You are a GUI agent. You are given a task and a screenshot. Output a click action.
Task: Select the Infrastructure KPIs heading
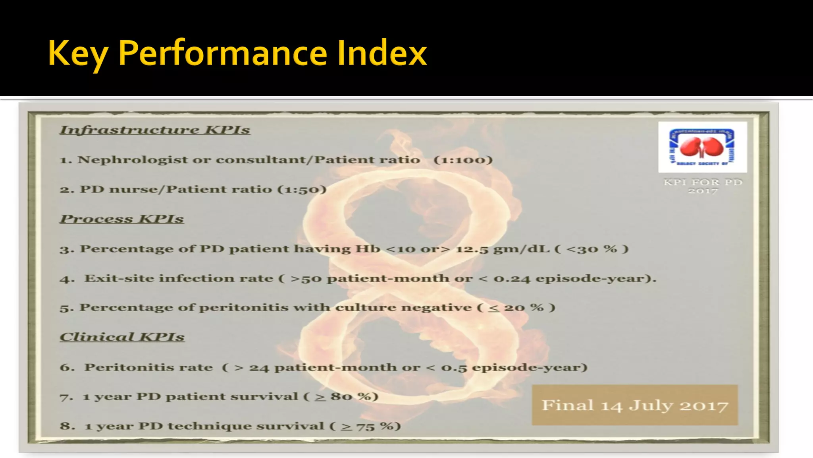pyautogui.click(x=155, y=130)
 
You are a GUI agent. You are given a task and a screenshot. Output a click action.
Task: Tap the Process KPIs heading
pyautogui.click(x=122, y=219)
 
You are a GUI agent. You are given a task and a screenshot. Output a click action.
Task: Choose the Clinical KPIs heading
pyautogui.click(x=122, y=337)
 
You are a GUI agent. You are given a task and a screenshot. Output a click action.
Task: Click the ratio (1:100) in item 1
pyautogui.click(x=463, y=160)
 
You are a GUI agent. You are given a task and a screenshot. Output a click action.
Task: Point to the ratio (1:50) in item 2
pyautogui.click(x=302, y=189)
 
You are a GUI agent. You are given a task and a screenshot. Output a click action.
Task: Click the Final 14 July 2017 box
pyautogui.click(x=634, y=405)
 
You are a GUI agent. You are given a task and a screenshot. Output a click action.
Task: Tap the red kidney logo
pyautogui.click(x=702, y=147)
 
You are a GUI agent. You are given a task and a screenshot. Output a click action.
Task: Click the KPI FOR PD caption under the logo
pyautogui.click(x=703, y=182)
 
